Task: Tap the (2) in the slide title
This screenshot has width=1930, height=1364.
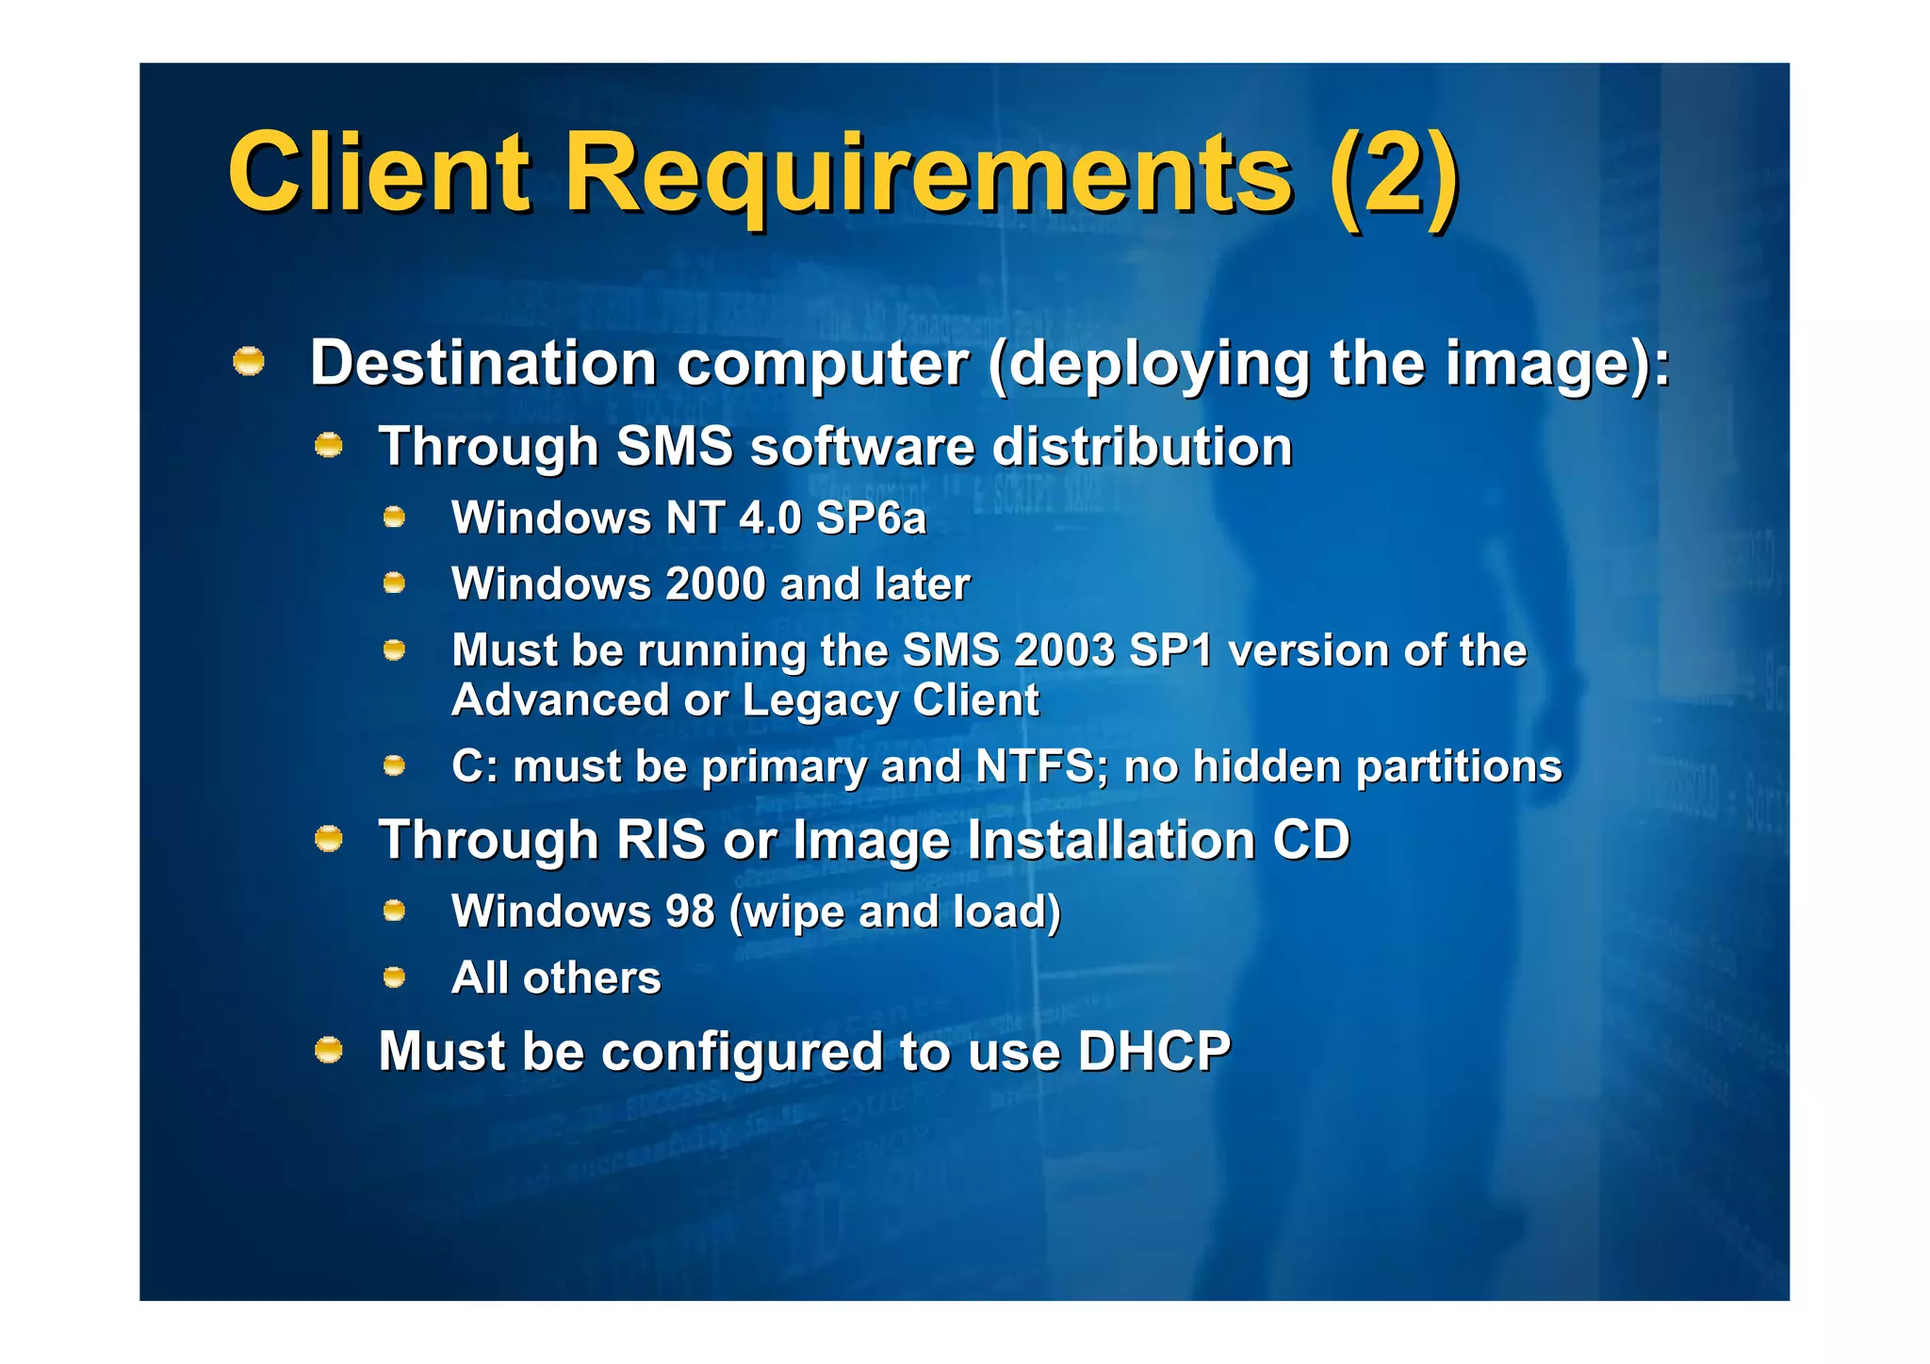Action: pos(1392,175)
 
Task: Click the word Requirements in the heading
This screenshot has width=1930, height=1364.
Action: pos(927,175)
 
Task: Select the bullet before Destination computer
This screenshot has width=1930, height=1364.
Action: pos(249,361)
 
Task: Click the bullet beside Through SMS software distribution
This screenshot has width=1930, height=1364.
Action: pos(328,445)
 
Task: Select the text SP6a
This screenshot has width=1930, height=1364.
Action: pos(871,518)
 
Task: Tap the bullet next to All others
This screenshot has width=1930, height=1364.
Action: pos(394,978)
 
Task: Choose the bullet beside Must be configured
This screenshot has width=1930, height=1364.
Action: pos(328,1049)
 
